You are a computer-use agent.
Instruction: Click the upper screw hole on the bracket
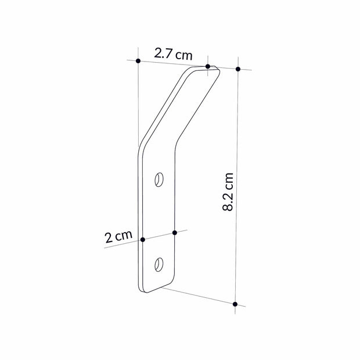point(159,180)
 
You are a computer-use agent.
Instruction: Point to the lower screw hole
point(159,264)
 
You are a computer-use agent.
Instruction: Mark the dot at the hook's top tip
point(208,66)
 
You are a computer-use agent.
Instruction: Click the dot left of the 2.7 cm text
point(138,60)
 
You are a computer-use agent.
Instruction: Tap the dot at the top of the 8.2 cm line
point(238,69)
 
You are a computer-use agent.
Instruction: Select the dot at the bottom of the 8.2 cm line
point(235,304)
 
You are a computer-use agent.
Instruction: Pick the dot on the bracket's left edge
point(142,239)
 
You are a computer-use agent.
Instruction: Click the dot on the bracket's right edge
point(174,232)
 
